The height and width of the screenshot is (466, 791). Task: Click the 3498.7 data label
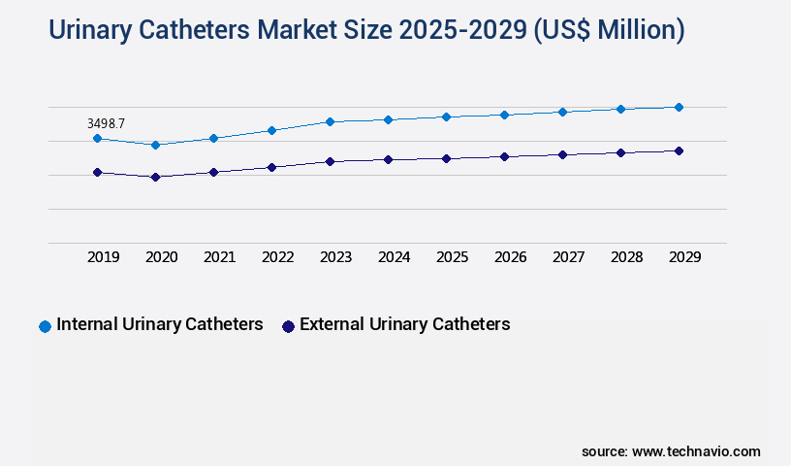click(x=106, y=123)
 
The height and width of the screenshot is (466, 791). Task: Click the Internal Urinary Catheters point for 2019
click(x=97, y=139)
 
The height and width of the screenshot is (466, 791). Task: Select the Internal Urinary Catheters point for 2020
click(x=155, y=145)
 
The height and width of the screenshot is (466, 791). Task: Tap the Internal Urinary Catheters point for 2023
click(x=330, y=121)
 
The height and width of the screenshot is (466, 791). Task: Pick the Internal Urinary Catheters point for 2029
click(x=679, y=107)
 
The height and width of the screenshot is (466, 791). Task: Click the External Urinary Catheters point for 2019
click(x=97, y=172)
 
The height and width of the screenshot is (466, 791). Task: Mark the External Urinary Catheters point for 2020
click(x=155, y=177)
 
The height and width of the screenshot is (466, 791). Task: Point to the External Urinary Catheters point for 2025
click(x=446, y=158)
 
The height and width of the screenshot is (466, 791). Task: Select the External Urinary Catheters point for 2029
click(x=679, y=150)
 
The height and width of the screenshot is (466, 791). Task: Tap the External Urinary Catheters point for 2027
click(x=562, y=154)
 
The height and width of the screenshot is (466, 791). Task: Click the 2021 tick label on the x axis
click(x=219, y=257)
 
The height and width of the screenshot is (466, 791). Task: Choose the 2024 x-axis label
click(x=394, y=257)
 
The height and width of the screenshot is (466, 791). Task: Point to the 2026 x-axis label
click(x=510, y=257)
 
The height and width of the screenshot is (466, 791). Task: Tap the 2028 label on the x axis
click(x=626, y=257)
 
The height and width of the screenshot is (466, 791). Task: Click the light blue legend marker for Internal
click(x=45, y=326)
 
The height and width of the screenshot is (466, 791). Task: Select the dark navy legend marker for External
click(x=288, y=326)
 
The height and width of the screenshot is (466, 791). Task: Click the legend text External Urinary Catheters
click(x=404, y=324)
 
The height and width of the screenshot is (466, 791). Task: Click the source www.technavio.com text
click(x=671, y=451)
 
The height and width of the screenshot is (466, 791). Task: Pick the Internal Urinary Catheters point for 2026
click(x=504, y=115)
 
